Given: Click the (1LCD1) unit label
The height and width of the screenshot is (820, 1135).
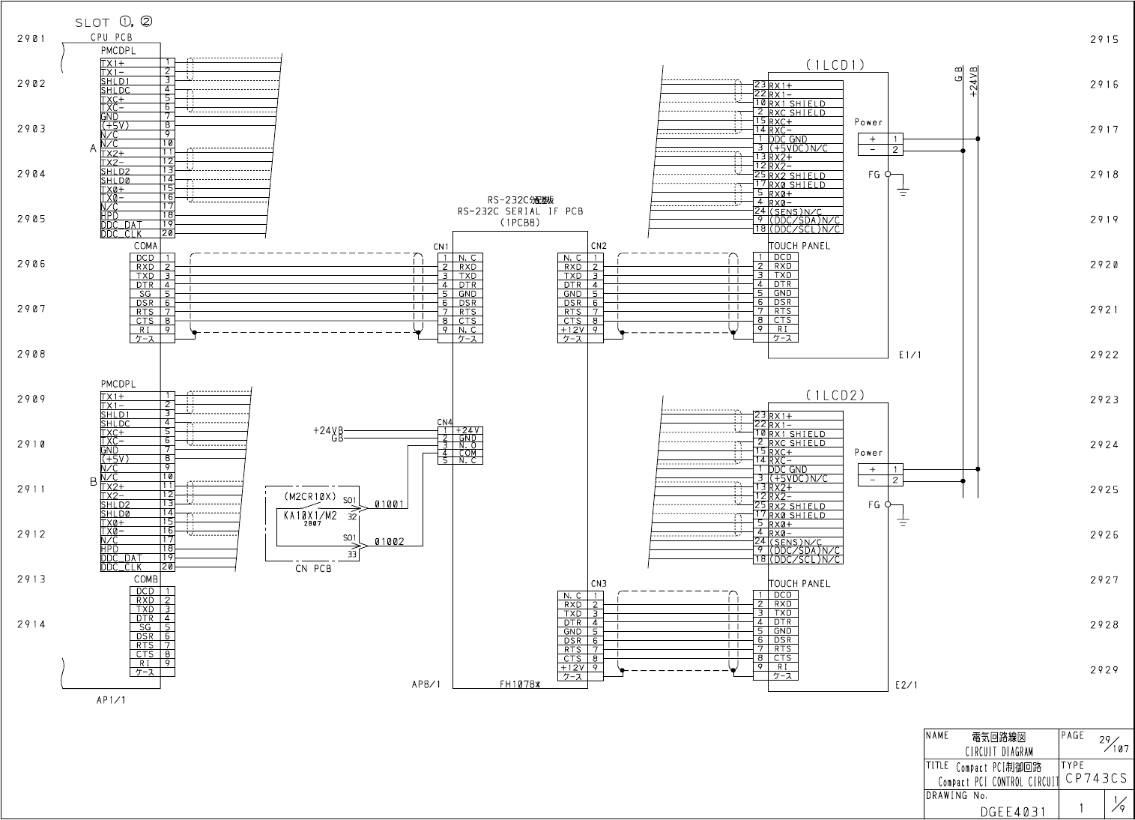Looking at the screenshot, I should pos(835,65).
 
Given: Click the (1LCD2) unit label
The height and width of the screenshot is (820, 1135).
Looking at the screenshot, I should pos(835,395).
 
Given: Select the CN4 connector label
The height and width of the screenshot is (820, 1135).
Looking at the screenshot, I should pos(444,422).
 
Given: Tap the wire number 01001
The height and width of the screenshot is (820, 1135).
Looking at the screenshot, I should pos(390,504).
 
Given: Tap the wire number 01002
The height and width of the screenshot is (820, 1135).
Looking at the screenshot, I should pos(390,541).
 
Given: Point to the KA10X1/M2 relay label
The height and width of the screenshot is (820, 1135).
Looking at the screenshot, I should pos(311,515).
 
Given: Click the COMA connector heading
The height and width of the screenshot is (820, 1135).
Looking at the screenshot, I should pos(145,246).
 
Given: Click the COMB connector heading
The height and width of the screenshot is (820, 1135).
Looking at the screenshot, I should pos(145,579).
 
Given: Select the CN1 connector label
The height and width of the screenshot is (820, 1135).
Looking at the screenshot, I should pos(441,247).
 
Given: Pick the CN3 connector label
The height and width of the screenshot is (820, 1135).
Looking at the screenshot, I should pos(598,584).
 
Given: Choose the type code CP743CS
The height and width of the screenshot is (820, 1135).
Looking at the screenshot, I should pos(1096,780).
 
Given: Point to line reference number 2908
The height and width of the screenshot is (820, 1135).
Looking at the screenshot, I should pos(31,354).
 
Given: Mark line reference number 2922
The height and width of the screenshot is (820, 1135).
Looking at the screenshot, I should pos(1104,355).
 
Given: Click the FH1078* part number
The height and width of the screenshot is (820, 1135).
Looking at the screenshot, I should pos(520,684).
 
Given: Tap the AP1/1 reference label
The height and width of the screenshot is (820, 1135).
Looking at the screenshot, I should pos(111,700).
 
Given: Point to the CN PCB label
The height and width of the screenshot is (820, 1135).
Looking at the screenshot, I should pos(312,568).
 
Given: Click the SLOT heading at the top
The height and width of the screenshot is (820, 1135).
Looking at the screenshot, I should pos(114,22).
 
